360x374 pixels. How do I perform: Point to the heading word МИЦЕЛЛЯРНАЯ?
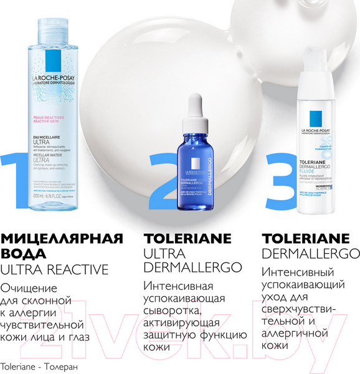61,237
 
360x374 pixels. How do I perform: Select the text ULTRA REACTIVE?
55,270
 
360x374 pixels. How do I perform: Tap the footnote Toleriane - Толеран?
39,366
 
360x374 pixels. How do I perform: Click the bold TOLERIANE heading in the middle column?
187,237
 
